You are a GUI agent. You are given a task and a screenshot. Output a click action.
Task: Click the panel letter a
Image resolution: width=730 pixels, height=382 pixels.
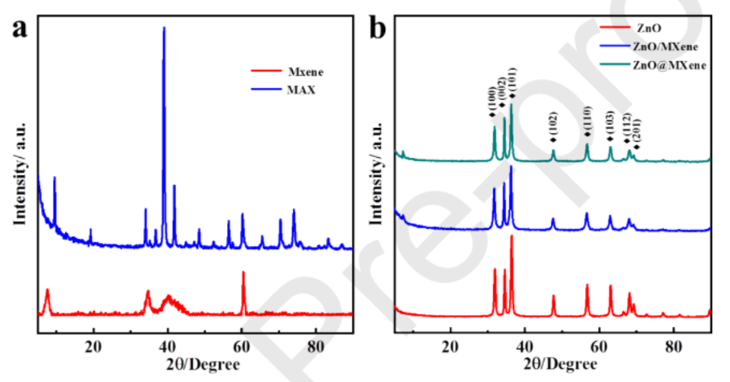pyautogui.click(x=20, y=29)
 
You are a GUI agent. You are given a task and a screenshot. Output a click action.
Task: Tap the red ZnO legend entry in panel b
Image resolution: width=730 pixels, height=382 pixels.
pyautogui.click(x=651, y=28)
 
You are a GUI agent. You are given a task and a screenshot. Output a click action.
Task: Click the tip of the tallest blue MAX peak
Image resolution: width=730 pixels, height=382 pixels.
pyautogui.click(x=164, y=28)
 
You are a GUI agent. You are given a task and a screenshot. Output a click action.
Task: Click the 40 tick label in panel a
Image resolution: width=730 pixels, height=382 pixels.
pyautogui.click(x=167, y=347)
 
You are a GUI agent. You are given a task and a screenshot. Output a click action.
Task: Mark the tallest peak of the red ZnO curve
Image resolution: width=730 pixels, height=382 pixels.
pyautogui.click(x=512, y=236)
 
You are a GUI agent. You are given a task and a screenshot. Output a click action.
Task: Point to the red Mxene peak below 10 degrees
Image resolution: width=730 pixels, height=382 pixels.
pyautogui.click(x=47, y=290)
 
